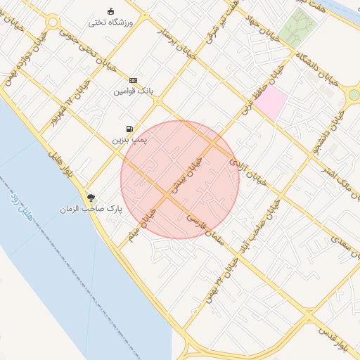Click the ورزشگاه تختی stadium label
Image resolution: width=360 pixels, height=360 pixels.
pos(110,22)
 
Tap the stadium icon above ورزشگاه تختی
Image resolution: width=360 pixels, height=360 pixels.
pos(110,11)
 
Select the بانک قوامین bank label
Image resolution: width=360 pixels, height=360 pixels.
pos(132,91)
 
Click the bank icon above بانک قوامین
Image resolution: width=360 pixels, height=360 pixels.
pos(132,80)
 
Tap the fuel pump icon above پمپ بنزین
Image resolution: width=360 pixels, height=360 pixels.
pos(129,129)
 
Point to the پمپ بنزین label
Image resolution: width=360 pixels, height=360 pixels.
pos(129,140)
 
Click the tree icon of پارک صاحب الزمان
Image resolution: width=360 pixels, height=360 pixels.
pos(91,198)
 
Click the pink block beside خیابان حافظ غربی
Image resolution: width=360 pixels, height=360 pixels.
pos(271,102)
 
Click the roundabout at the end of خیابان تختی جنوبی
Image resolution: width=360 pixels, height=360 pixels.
pos(52,22)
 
